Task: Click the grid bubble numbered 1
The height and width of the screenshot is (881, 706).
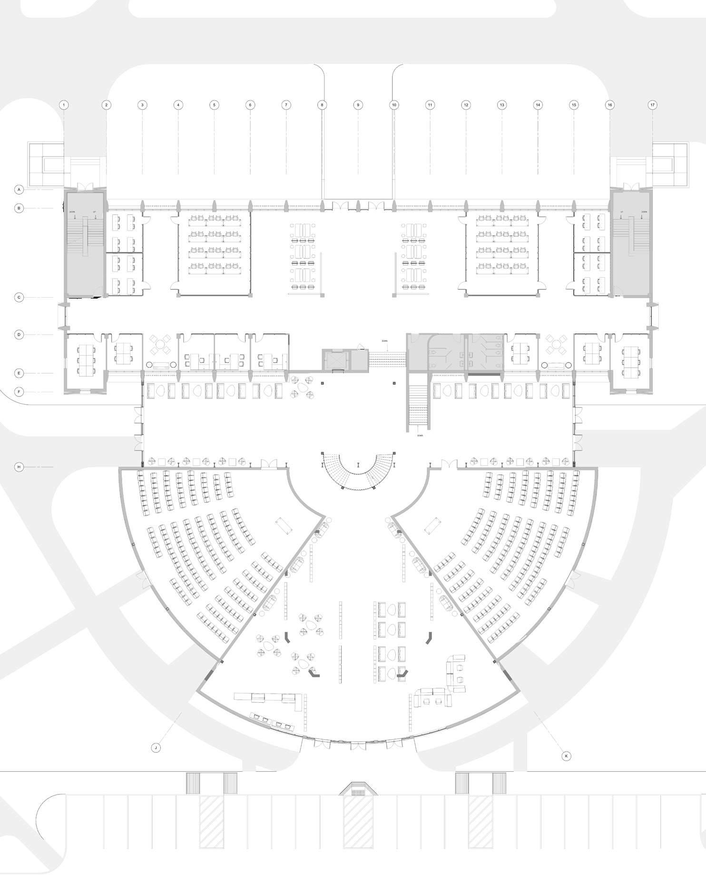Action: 64,105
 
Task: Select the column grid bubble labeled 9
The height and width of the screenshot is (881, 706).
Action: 358,105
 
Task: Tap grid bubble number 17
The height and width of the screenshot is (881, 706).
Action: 652,105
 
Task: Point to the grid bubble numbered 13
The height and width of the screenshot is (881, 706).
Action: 501,105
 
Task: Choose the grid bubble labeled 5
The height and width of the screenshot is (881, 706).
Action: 214,105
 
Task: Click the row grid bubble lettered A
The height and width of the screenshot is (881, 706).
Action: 19,190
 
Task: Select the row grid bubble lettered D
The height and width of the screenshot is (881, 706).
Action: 19,335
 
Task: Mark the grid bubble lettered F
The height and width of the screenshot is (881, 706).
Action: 19,392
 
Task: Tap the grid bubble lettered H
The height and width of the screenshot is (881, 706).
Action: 19,467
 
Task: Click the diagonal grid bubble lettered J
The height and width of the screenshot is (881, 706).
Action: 156,748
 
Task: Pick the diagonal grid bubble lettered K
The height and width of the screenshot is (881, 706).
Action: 566,755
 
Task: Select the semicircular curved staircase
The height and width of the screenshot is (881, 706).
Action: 358,471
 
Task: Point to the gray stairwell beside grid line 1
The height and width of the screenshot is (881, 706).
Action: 85,245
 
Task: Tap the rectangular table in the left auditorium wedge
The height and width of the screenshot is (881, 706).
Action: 285,525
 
